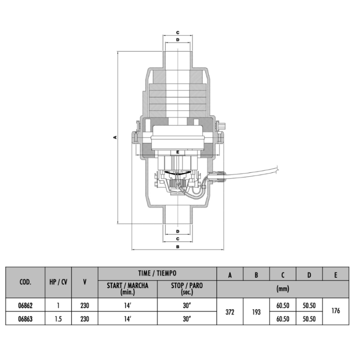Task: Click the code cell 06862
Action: point(26,306)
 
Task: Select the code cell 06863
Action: point(26,319)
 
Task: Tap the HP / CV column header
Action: point(58,282)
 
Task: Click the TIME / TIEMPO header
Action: point(157,274)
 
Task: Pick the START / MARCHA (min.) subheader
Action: point(128,289)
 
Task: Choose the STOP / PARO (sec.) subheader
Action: point(187,289)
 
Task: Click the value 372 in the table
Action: point(230,312)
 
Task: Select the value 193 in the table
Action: point(256,312)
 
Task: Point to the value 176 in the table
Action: point(336,310)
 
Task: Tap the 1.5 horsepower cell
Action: point(58,319)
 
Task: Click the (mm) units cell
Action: point(282,289)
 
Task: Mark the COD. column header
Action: point(26,282)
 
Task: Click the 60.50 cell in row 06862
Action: point(283,306)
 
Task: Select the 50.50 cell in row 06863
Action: point(309,319)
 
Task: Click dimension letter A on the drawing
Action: point(114,137)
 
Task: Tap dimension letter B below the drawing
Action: point(178,247)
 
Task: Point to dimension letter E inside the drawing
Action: point(178,152)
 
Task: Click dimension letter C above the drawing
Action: point(178,32)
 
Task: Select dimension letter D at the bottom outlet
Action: point(178,232)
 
